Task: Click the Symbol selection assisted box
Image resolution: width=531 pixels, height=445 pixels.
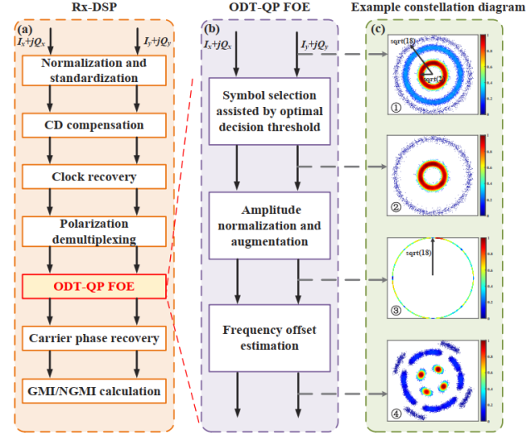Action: (269, 112)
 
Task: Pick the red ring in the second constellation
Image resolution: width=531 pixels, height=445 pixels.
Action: (432, 175)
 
